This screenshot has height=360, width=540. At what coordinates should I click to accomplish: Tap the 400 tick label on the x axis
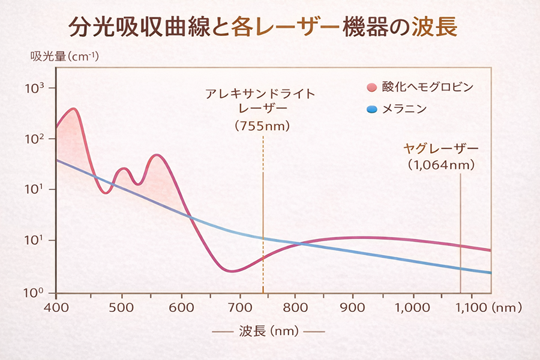point(56,307)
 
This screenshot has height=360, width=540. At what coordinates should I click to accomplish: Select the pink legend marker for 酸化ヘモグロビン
point(371,88)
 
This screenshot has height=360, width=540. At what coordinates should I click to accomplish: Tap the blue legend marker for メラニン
point(371,109)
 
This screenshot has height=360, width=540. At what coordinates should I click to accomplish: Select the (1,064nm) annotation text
point(441,164)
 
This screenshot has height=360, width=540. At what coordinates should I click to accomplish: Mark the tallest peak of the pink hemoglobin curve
point(73,109)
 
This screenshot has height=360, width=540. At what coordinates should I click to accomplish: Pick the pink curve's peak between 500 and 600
point(157,155)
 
